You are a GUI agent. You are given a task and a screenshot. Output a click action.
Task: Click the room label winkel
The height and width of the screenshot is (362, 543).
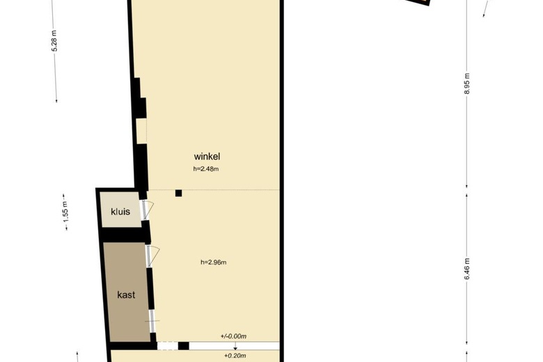click(207, 156)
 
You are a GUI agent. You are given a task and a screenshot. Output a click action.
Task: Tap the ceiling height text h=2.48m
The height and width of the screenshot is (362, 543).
click(205, 169)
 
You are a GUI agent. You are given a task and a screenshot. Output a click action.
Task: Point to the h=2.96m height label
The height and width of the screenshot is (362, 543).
click(213, 262)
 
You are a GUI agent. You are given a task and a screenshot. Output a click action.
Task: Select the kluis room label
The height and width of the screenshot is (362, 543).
click(120, 212)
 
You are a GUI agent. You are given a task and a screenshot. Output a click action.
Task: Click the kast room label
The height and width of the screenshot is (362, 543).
click(126, 294)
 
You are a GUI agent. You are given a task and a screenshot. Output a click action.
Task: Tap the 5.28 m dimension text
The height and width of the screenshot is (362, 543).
click(54, 41)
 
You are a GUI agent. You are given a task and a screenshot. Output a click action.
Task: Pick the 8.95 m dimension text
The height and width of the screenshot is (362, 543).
click(467, 84)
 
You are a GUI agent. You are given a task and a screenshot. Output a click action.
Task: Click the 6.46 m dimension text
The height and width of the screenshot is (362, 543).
click(467, 269)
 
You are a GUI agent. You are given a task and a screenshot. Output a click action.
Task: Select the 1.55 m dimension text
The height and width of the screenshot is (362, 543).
click(66, 212)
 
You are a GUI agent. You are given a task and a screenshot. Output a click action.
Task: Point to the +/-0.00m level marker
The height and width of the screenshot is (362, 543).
click(233, 336)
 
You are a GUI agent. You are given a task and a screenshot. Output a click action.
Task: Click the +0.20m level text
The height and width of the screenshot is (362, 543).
click(235, 356)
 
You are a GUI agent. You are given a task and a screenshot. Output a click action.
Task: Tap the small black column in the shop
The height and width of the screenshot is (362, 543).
click(178, 193)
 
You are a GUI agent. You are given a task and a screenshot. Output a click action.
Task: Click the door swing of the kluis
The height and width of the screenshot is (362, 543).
click(148, 210)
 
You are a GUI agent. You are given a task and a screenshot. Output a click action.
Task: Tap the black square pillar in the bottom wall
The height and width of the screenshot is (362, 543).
click(184, 346)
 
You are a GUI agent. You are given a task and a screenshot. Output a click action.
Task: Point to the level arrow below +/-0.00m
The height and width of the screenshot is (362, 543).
click(235, 346)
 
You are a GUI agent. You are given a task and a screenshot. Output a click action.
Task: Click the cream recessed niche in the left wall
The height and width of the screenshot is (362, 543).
click(141, 131)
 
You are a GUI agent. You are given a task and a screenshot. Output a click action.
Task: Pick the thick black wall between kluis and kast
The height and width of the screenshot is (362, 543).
click(125, 235)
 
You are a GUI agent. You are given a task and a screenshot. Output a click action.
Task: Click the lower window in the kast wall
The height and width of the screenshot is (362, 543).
click(152, 321)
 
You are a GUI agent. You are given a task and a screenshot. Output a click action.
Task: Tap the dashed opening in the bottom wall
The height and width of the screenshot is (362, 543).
click(168, 346)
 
